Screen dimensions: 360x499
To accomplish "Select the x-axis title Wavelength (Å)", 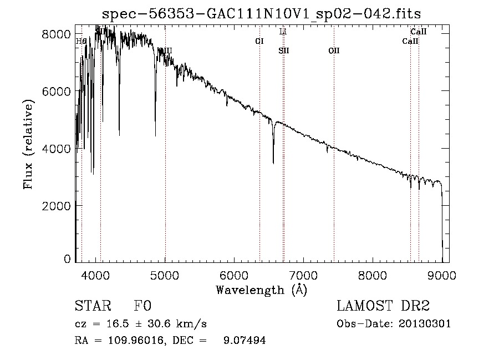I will (261, 290).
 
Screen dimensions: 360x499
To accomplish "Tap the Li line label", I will (283, 32).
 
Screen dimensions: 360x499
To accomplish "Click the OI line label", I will (259, 41).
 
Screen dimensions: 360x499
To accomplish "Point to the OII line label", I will (333, 50).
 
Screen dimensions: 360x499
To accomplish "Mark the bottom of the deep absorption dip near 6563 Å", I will (273, 163).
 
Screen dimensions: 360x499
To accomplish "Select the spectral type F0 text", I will (142, 306).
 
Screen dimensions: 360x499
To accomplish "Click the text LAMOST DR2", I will (383, 306).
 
